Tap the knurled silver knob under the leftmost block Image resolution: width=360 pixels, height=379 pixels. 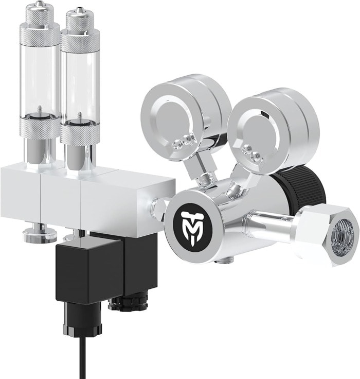coord(39,235)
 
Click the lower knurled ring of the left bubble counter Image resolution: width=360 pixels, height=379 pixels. coord(40,127)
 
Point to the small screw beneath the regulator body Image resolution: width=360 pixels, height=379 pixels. coord(223,262)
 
